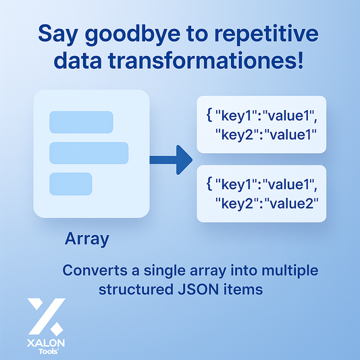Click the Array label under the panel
(87, 238)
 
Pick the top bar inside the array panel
(81, 122)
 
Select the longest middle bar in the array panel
(88, 153)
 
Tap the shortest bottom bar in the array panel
(70, 183)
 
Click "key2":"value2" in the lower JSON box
(266, 203)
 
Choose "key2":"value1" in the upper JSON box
(266, 134)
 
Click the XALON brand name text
(47, 342)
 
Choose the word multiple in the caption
(290, 271)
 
